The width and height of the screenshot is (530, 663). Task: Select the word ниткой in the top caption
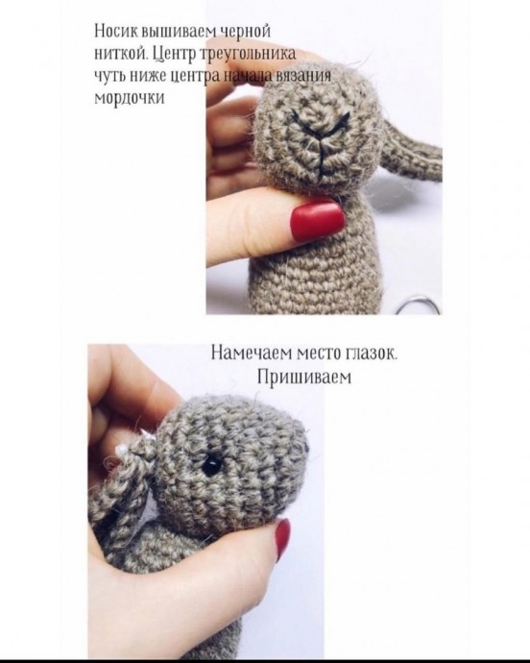[x=120, y=53]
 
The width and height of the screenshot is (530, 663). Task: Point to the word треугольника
[x=248, y=55]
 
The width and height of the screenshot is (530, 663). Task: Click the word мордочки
[x=129, y=97]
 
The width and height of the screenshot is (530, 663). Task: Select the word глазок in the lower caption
[x=372, y=354]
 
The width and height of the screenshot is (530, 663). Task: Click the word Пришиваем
[x=304, y=376]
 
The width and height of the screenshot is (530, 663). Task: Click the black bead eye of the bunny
[x=211, y=465]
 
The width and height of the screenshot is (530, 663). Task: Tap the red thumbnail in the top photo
[x=317, y=220]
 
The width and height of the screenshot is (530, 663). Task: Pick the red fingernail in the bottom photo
[x=282, y=538]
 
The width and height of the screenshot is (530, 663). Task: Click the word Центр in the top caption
[x=173, y=53]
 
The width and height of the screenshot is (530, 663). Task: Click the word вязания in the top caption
[x=302, y=75]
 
